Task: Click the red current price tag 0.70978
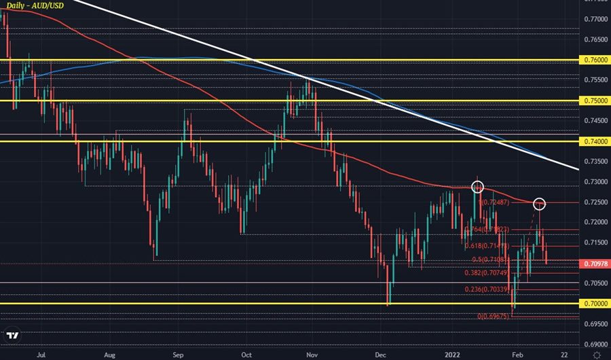tap(596, 263)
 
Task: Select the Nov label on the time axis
tap(312, 354)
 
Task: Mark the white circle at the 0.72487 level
tap(540, 203)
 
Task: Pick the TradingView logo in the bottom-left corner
tap(12, 335)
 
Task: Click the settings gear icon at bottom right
tap(595, 354)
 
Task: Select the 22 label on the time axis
tap(565, 354)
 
